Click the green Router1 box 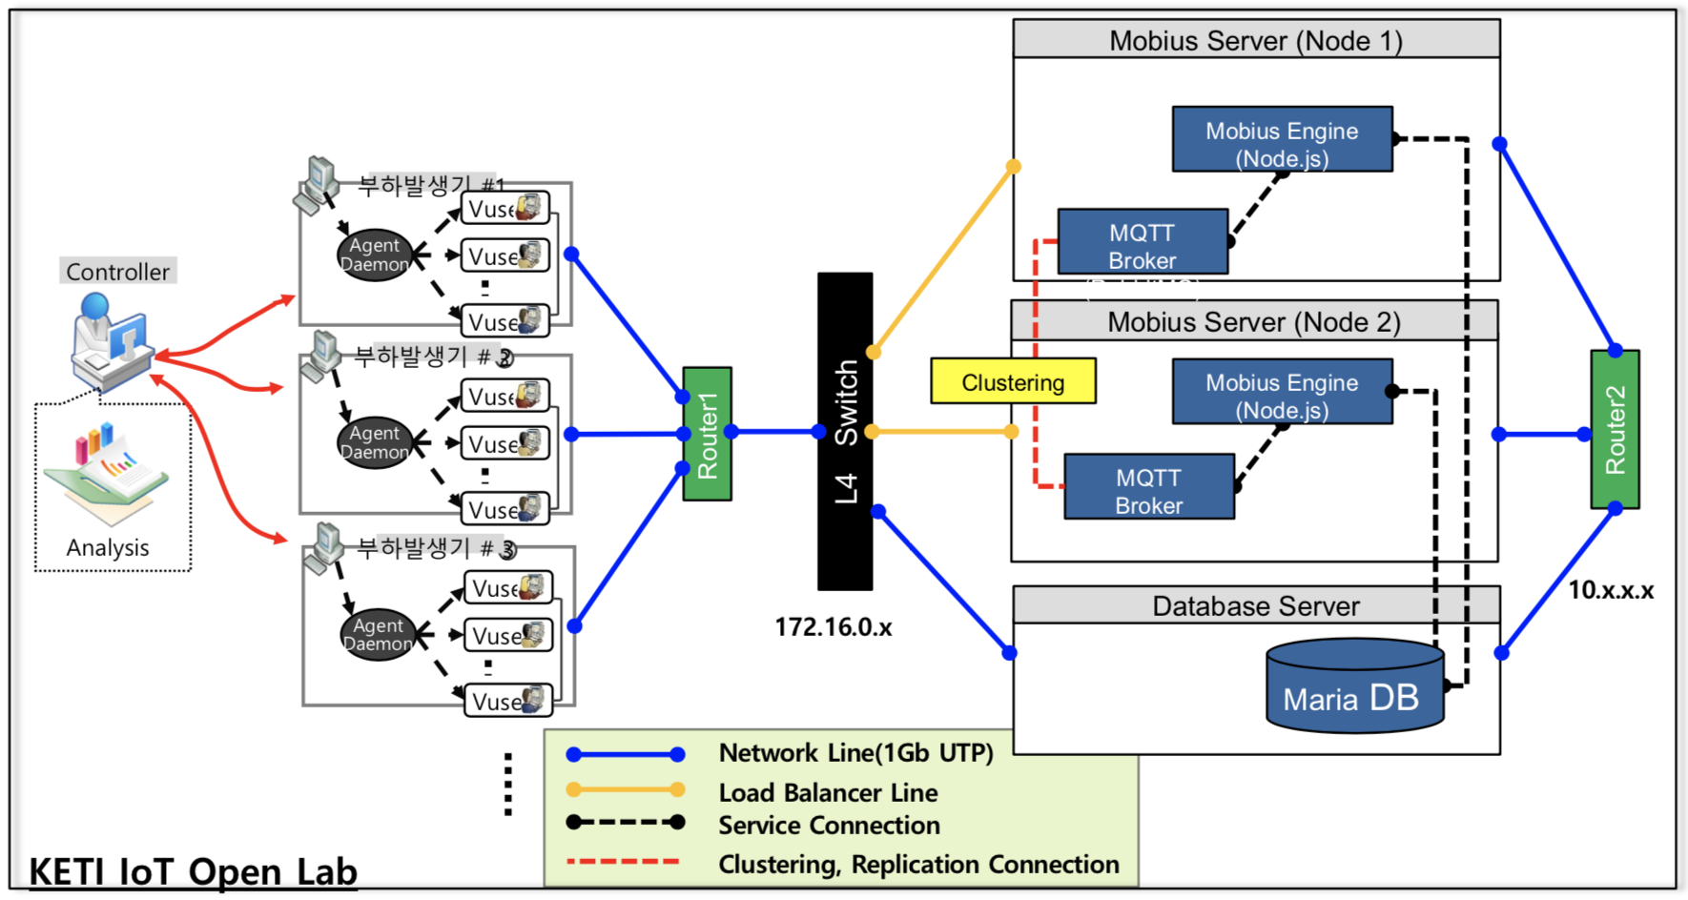pos(707,434)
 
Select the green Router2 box pos(1615,429)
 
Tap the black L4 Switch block pos(845,431)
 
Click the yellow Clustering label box pos(1013,381)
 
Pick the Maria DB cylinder pos(1353,688)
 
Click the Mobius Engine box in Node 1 pos(1282,140)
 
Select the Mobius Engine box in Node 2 pos(1282,392)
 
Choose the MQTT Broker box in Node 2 pos(1149,487)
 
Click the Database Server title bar pos(1255,605)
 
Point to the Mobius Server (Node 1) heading pos(1255,40)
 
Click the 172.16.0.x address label pos(833,627)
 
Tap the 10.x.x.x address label pos(1611,590)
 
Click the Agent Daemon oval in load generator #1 pos(375,256)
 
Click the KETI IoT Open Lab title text pos(193,871)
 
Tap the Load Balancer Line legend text pos(828,792)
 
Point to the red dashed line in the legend pos(624,862)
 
